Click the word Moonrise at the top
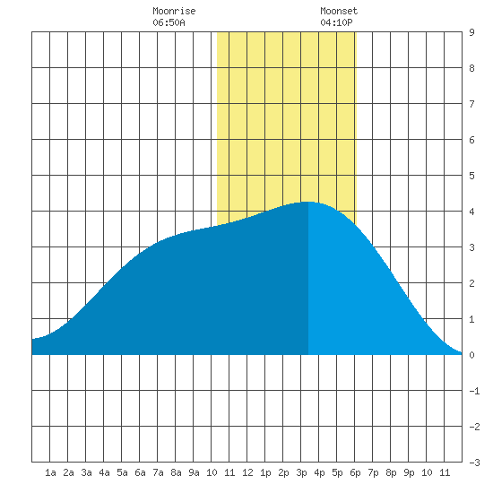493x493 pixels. [174, 11]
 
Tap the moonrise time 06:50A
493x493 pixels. [169, 22]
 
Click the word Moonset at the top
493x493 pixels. [339, 11]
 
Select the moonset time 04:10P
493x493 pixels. [336, 22]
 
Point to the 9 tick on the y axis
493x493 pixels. [471, 32]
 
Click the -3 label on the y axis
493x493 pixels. [474, 463]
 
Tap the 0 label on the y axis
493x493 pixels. [471, 355]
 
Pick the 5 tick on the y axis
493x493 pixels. [471, 176]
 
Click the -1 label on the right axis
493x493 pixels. [474, 391]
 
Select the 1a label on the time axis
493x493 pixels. [50, 472]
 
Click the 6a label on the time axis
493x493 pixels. [140, 472]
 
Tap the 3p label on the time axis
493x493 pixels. [301, 472]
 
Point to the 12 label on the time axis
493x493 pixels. [247, 472]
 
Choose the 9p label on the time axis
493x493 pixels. [409, 472]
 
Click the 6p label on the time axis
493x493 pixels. [355, 472]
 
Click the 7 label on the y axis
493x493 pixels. [471, 104]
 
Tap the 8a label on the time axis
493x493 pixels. [176, 472]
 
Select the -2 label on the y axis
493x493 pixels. [474, 427]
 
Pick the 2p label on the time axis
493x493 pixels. [283, 472]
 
